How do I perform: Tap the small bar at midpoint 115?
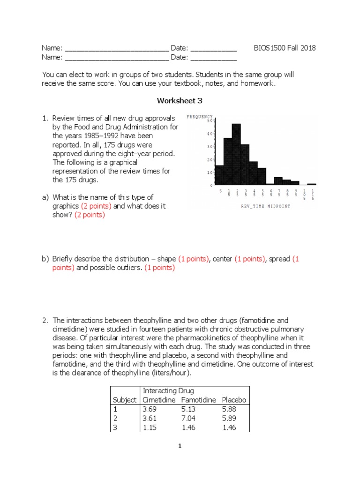(312, 184)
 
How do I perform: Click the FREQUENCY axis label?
(200, 117)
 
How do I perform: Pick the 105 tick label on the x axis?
(304, 194)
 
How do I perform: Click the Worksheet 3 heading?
(180, 100)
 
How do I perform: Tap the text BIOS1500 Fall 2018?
(285, 48)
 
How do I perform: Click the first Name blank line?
(116, 49)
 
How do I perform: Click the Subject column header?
(125, 400)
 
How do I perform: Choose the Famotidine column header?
(198, 400)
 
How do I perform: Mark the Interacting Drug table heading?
(168, 391)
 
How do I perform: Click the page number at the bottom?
(180, 447)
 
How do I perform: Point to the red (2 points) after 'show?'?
(90, 215)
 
